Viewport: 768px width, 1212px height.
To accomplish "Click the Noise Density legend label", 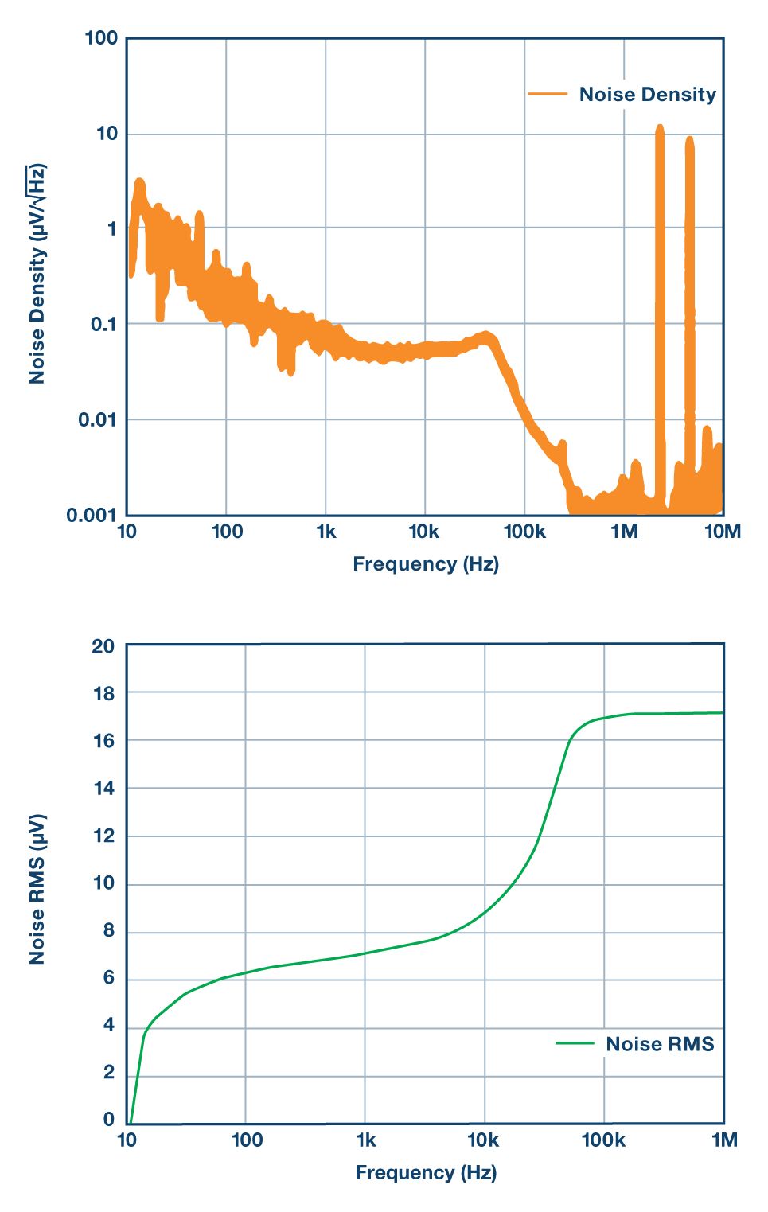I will coord(647,95).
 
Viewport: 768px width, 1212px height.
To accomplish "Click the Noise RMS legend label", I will coord(660,1044).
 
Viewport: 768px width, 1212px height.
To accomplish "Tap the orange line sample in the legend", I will coord(548,94).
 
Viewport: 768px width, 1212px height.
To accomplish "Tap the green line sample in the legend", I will coord(575,1043).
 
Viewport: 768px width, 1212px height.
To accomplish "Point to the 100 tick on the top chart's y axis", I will coord(101,38).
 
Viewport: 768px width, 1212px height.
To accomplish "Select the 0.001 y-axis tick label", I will coord(92,515).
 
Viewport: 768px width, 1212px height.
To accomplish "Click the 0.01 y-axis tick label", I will coord(98,419).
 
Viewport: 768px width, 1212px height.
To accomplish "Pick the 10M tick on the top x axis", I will coord(723,532).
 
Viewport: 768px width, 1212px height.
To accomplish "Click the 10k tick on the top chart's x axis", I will coord(423,532).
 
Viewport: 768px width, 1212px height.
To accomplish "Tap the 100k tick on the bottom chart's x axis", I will coord(603,1140).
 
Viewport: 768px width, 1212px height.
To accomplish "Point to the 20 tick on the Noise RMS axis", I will coord(103,646).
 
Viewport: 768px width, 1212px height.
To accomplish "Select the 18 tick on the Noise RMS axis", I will coord(103,693).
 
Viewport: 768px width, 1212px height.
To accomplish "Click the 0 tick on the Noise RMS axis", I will coord(109,1120).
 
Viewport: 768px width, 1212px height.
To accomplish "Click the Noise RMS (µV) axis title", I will coord(37,889).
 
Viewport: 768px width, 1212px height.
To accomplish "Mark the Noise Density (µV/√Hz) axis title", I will coord(37,275).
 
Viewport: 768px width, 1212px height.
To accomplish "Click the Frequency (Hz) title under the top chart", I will coord(426,564).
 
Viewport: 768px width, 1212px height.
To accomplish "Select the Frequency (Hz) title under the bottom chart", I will coord(426,1172).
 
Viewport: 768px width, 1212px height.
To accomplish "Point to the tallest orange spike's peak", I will coord(660,127).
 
